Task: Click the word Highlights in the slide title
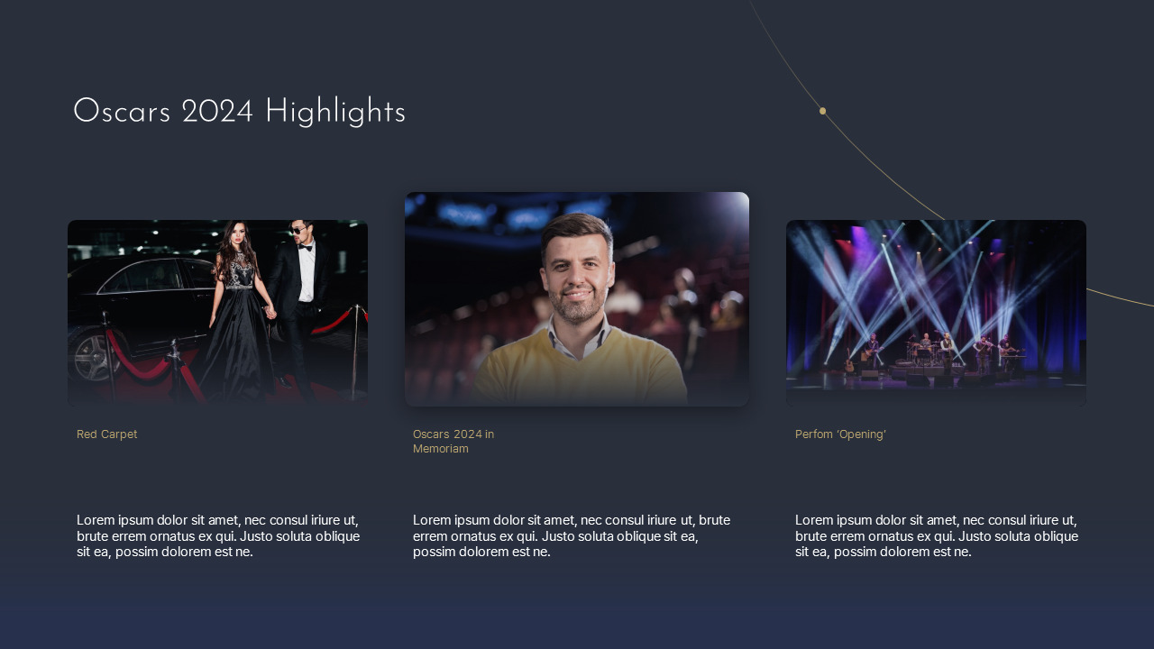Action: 334,113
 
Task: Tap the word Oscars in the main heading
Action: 122,113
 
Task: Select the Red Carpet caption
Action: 106,434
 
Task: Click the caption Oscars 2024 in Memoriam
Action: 453,442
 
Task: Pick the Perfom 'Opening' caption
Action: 840,434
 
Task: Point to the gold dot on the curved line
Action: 822,111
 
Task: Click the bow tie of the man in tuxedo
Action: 305,248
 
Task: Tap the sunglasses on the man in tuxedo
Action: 299,231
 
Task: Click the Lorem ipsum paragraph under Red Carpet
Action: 218,535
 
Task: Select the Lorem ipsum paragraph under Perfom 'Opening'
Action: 937,535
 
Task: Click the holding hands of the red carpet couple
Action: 270,313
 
